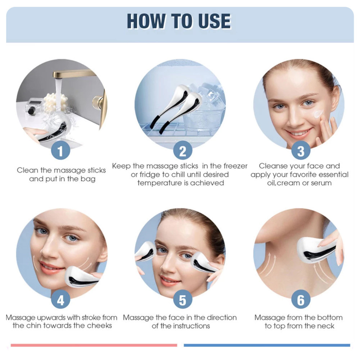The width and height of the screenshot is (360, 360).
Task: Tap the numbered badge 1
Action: tap(60, 151)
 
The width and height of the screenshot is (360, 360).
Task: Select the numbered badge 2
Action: tap(183, 151)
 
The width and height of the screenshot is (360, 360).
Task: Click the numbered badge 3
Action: tap(301, 151)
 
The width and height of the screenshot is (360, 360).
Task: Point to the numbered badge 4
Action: tap(60, 299)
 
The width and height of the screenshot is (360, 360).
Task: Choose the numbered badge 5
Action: tap(183, 299)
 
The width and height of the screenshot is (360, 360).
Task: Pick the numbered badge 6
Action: tap(301, 299)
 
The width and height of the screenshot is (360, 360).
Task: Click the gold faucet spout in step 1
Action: tap(73, 74)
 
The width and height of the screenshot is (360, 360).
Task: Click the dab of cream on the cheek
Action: tap(318, 114)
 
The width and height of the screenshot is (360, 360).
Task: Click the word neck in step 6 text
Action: tap(326, 326)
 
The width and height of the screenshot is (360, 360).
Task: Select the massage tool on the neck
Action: tap(316, 250)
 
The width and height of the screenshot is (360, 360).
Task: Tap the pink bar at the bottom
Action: tap(94, 345)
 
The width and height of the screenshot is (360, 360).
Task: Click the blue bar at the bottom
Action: tap(267, 345)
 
